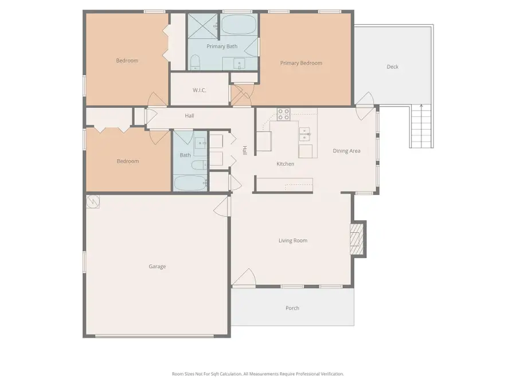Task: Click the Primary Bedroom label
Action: [x=301, y=63]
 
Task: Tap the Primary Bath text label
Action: [x=222, y=46]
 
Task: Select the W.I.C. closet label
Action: [x=199, y=91]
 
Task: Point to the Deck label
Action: [x=392, y=67]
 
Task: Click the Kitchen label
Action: [x=285, y=164]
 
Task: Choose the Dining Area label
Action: [x=346, y=151]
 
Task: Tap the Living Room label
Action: [x=292, y=241]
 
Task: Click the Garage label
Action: [x=157, y=267]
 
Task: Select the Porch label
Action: [x=292, y=308]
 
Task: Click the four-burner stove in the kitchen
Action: [x=283, y=114]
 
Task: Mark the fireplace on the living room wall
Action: [x=358, y=239]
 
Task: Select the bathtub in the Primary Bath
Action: [x=240, y=26]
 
